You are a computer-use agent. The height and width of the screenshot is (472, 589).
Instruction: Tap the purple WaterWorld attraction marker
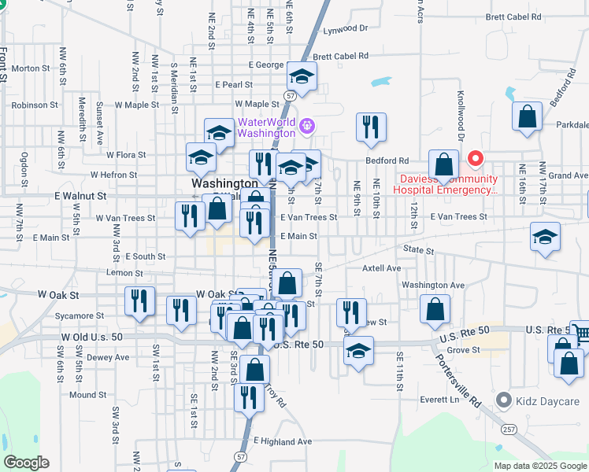306,124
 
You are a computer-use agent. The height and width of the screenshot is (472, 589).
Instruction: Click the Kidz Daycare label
548,401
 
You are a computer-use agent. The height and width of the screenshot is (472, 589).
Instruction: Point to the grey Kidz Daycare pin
504,401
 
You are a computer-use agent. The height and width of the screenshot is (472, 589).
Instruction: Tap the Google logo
26,463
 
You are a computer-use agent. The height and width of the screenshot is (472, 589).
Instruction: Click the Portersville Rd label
465,378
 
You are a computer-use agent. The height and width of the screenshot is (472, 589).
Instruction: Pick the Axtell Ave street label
382,268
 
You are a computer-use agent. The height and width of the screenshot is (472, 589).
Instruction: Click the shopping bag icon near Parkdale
528,116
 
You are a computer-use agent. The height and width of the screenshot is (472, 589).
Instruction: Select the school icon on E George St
300,76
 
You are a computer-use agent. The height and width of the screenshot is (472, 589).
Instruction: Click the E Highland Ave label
283,442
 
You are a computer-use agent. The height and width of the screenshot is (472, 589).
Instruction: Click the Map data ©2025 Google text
539,466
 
